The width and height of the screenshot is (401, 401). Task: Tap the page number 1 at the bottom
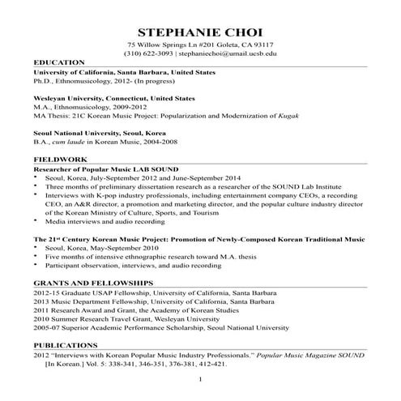(200, 380)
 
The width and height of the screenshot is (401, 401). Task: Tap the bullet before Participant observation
(36, 266)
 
